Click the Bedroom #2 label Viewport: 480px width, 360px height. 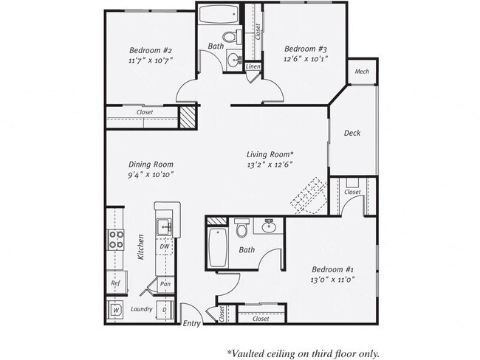pos(151,51)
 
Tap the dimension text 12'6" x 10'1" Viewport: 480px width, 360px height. pos(306,58)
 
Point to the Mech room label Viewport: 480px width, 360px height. pos(362,72)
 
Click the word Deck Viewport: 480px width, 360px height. pos(352,133)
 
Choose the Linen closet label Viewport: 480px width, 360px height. pos(253,66)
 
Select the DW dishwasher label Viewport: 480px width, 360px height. pos(165,246)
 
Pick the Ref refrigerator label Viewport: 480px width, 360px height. pos(116,283)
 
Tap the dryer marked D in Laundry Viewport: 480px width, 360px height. pos(165,311)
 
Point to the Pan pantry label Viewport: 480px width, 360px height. pos(166,284)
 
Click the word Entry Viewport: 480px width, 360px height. pos(191,324)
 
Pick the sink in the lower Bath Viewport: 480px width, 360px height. pos(270,224)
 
